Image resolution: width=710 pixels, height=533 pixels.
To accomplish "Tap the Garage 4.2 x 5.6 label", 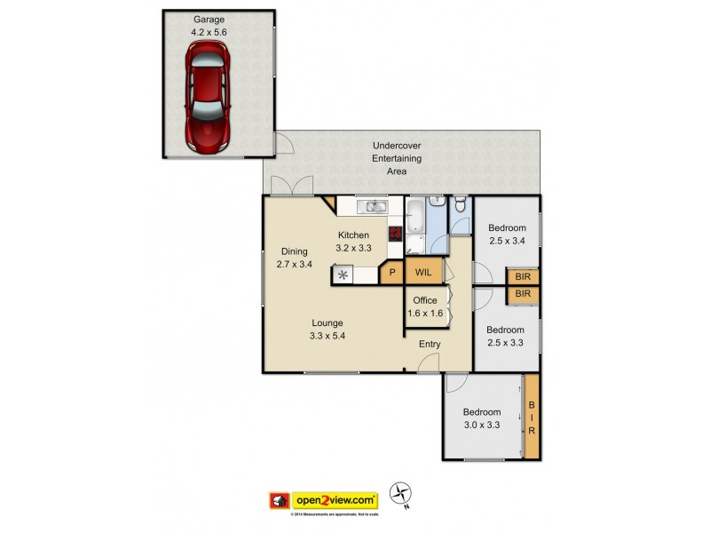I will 209,26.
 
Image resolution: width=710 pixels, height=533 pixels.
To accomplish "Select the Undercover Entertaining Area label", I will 397,158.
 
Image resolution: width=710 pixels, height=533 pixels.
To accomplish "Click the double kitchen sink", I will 373,208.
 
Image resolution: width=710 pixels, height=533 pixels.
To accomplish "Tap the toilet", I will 459,207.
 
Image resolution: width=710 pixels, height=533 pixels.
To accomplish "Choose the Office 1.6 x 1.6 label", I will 425,306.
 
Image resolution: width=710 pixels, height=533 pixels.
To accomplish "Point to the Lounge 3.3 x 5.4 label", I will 327,329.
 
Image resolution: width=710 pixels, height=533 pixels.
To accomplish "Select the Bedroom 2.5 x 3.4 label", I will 507,233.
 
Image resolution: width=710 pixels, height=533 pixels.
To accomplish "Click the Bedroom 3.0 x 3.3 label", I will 482,418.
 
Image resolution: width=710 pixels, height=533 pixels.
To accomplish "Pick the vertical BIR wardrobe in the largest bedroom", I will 532,417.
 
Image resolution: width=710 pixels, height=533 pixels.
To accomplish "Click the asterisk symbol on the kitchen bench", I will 343,275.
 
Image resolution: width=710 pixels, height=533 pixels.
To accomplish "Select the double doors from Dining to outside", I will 291,185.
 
